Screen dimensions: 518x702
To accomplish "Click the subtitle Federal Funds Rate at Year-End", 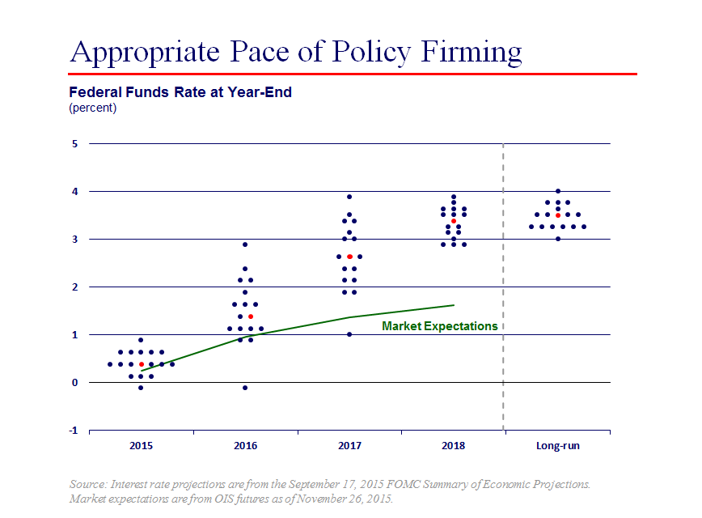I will [180, 92].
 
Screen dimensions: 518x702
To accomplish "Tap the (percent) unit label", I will [93, 108].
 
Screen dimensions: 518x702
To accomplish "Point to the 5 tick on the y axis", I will [74, 144].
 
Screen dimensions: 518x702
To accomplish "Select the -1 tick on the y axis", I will [73, 430].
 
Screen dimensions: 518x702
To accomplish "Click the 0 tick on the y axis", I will [74, 382].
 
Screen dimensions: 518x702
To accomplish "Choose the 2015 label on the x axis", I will [141, 446].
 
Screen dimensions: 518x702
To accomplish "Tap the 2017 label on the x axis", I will [349, 446].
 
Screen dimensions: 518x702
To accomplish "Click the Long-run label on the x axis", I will [558, 446].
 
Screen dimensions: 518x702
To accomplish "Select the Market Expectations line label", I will [439, 326].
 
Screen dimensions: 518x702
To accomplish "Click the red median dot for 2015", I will [142, 364].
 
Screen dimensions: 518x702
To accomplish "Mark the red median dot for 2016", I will [251, 316].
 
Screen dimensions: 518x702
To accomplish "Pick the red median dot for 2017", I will [349, 257].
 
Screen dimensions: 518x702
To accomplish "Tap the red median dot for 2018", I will [454, 221].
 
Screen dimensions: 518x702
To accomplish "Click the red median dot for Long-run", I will [558, 215].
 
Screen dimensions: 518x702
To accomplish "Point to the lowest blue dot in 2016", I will [245, 388].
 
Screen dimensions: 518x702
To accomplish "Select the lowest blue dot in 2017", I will [349, 334].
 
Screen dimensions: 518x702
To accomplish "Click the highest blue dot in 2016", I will [245, 244].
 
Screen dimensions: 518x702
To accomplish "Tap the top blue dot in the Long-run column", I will [558, 192].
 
